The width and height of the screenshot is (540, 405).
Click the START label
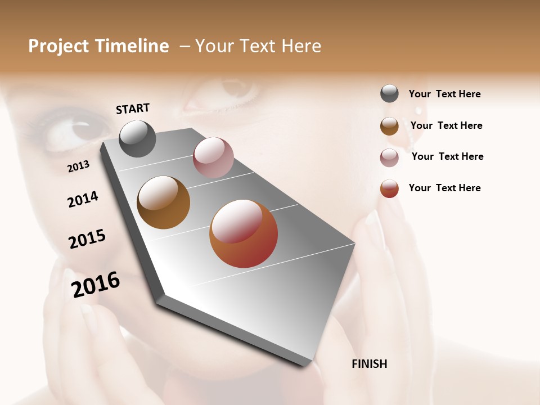pos(133,109)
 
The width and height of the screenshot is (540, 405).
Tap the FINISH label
pos(369,364)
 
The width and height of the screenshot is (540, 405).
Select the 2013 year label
pos(78,166)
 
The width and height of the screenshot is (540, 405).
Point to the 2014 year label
pos(83,199)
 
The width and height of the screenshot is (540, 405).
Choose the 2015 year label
pos(87,239)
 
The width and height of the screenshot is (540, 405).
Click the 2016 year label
pos(96,284)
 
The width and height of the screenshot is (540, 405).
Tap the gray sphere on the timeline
pos(137,138)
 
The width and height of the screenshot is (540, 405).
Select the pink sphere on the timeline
pos(213,157)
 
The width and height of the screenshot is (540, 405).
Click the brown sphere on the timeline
pos(163,202)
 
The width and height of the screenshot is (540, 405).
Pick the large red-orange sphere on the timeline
pos(244,233)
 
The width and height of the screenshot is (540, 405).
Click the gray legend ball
pos(389,94)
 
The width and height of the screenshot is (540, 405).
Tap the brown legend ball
pos(389,126)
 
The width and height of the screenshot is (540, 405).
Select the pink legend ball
pos(389,157)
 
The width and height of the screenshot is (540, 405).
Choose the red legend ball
pos(389,188)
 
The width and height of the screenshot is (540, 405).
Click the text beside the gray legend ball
pos(444,94)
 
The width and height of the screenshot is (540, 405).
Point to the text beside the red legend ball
pos(444,188)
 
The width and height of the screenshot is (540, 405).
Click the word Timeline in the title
pos(132,46)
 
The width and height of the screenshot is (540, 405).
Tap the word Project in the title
pos(58,46)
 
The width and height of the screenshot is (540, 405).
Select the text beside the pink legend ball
pos(447,156)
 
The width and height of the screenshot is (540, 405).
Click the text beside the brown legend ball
pos(446,125)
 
